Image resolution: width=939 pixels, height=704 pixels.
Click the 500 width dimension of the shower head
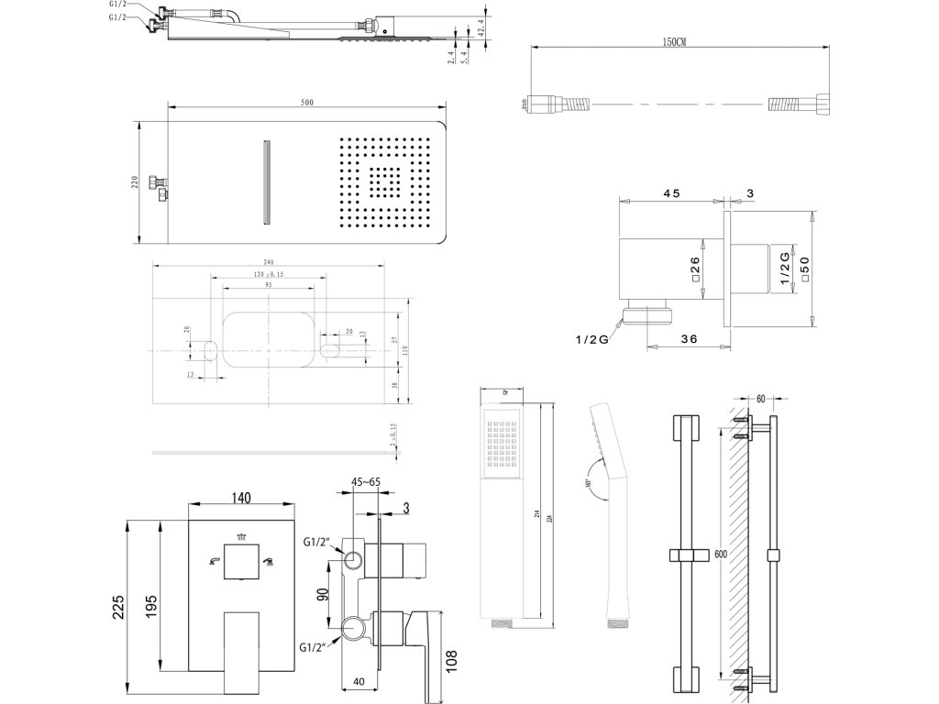point(306,102)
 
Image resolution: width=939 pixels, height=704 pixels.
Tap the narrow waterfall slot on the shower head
point(267,181)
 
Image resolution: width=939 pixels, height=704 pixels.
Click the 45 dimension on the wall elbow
point(670,193)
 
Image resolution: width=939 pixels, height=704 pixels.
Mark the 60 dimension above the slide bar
point(760,400)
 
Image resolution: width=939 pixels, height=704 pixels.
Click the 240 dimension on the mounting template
point(270,261)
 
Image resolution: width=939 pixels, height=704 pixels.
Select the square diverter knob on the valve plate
point(240,559)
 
